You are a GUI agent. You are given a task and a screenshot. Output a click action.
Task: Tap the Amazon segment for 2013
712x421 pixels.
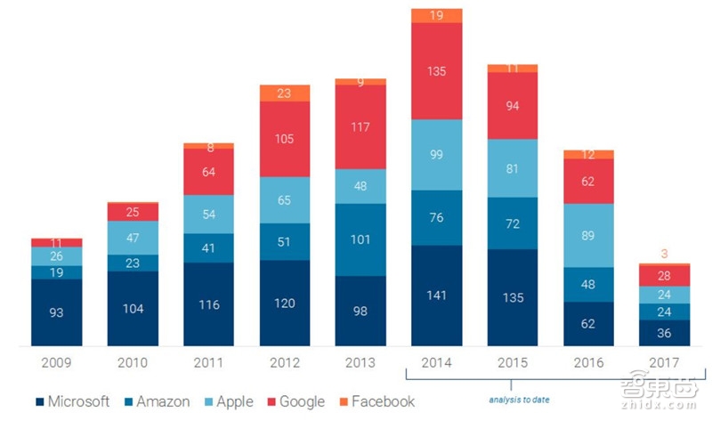pyautogui.click(x=360, y=239)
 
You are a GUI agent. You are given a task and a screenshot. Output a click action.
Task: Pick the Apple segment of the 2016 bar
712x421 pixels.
pyautogui.click(x=588, y=235)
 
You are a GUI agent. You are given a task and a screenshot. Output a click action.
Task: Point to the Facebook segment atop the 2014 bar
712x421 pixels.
pyautogui.click(x=436, y=15)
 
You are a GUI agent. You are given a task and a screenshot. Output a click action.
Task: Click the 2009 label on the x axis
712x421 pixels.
pyautogui.click(x=56, y=363)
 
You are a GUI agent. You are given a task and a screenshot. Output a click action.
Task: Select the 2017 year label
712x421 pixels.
pyautogui.click(x=664, y=363)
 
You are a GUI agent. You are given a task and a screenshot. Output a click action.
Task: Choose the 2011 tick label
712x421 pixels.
pyautogui.click(x=208, y=363)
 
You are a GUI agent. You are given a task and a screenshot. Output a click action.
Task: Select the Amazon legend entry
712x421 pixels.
pyautogui.click(x=158, y=401)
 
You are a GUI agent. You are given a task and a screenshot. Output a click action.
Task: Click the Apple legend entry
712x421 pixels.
pyautogui.click(x=229, y=401)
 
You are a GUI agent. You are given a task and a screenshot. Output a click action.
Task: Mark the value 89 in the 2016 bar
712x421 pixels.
pyautogui.click(x=588, y=235)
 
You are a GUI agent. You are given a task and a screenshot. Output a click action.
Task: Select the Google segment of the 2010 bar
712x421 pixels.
pyautogui.click(x=133, y=212)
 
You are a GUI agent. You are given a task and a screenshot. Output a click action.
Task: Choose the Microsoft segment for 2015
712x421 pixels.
pyautogui.click(x=512, y=297)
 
